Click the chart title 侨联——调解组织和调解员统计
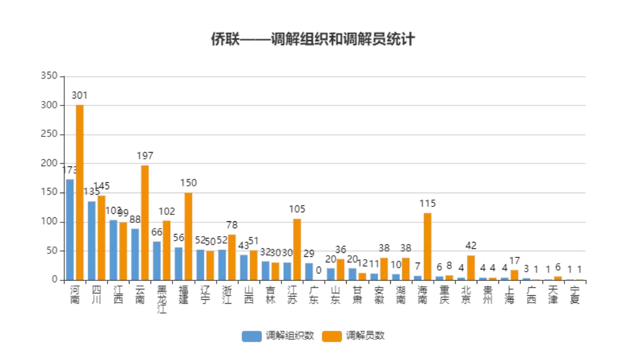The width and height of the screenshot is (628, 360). pos(312,40)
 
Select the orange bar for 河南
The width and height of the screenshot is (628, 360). pos(80,193)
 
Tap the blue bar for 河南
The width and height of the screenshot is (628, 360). pos(70,229)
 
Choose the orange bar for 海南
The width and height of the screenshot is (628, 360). pos(427,246)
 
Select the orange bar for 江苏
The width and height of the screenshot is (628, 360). pos(297,249)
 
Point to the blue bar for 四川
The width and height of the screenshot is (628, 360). pos(92,241)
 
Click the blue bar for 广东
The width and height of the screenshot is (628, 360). pos(309,272)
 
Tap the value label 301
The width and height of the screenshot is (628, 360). pos(80,95)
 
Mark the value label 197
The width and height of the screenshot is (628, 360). pos(145,156)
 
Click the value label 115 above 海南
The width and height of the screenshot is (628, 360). pos(427,204)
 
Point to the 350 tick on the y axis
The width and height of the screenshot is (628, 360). pos(50,76)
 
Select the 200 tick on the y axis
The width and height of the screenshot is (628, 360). pos(50,163)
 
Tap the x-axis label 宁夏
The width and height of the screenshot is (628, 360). pos(575,294)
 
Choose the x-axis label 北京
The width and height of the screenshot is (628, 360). pos(466,294)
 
